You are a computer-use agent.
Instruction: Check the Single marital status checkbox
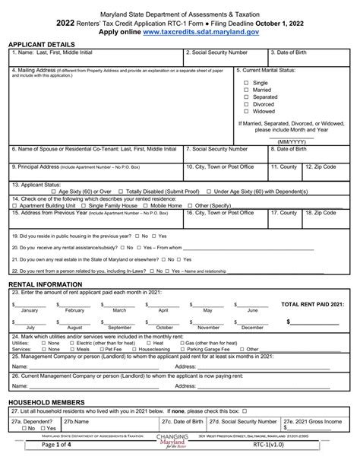point(245,82)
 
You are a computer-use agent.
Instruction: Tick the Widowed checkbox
point(245,111)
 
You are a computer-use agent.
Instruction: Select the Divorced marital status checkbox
point(245,103)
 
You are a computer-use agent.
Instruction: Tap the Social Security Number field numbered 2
point(225,57)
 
